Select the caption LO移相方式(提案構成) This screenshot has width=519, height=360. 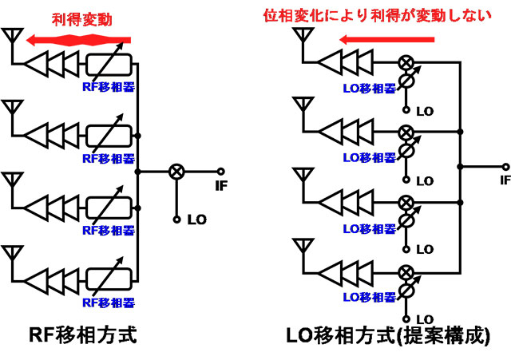point(388,335)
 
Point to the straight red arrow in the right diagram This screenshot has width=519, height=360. point(386,38)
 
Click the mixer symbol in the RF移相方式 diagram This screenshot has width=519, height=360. point(176,171)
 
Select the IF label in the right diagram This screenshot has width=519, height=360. point(505,180)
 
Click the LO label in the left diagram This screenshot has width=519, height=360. point(196,219)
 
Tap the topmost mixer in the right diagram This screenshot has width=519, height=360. point(406,61)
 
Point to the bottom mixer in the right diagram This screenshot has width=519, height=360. point(406,269)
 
